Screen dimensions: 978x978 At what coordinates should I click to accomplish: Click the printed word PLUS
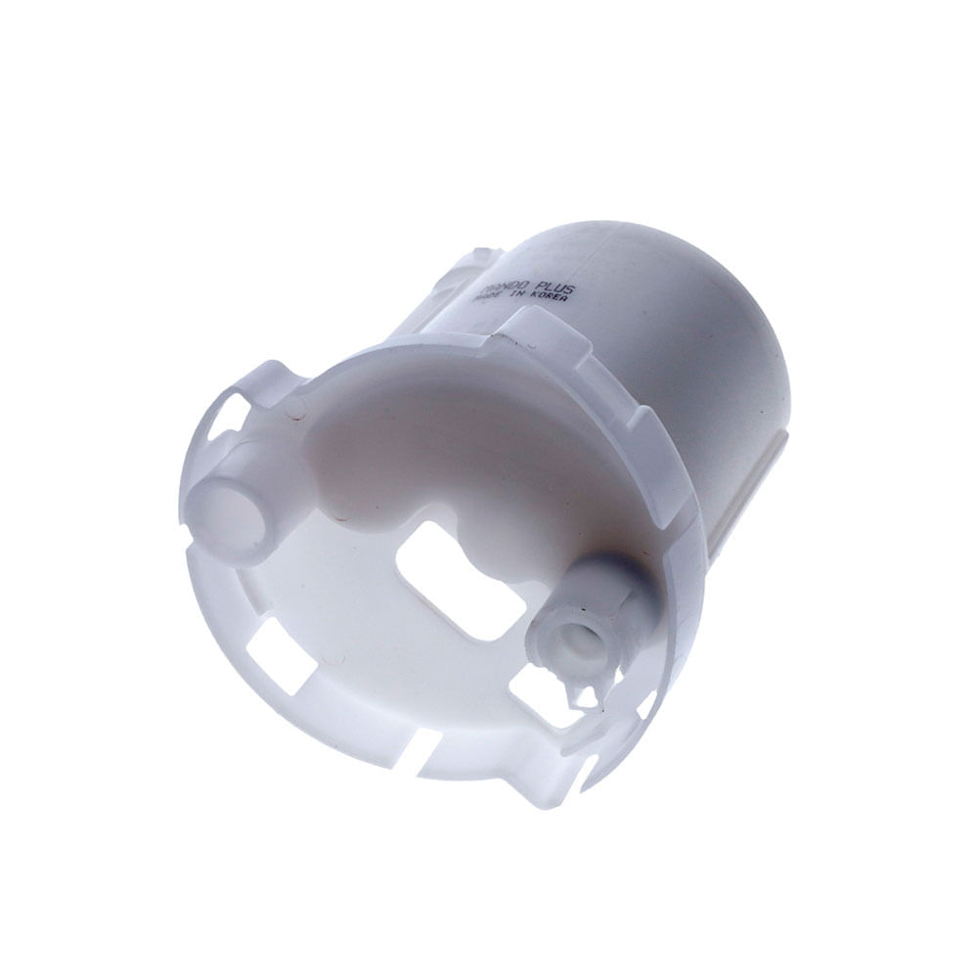point(553,289)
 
